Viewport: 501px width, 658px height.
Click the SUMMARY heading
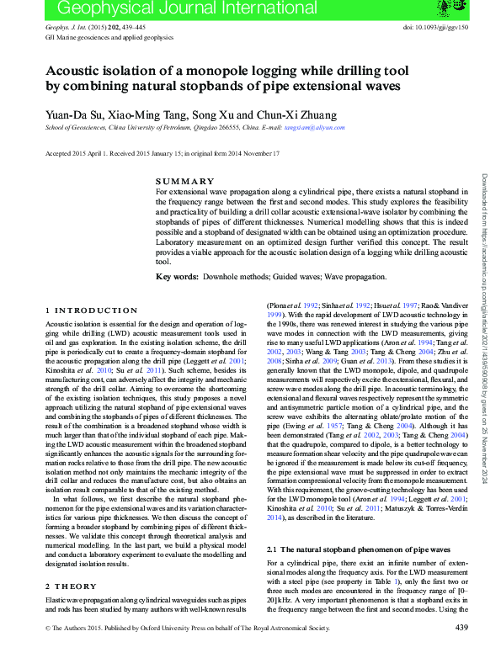pyautogui.click(x=185, y=182)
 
